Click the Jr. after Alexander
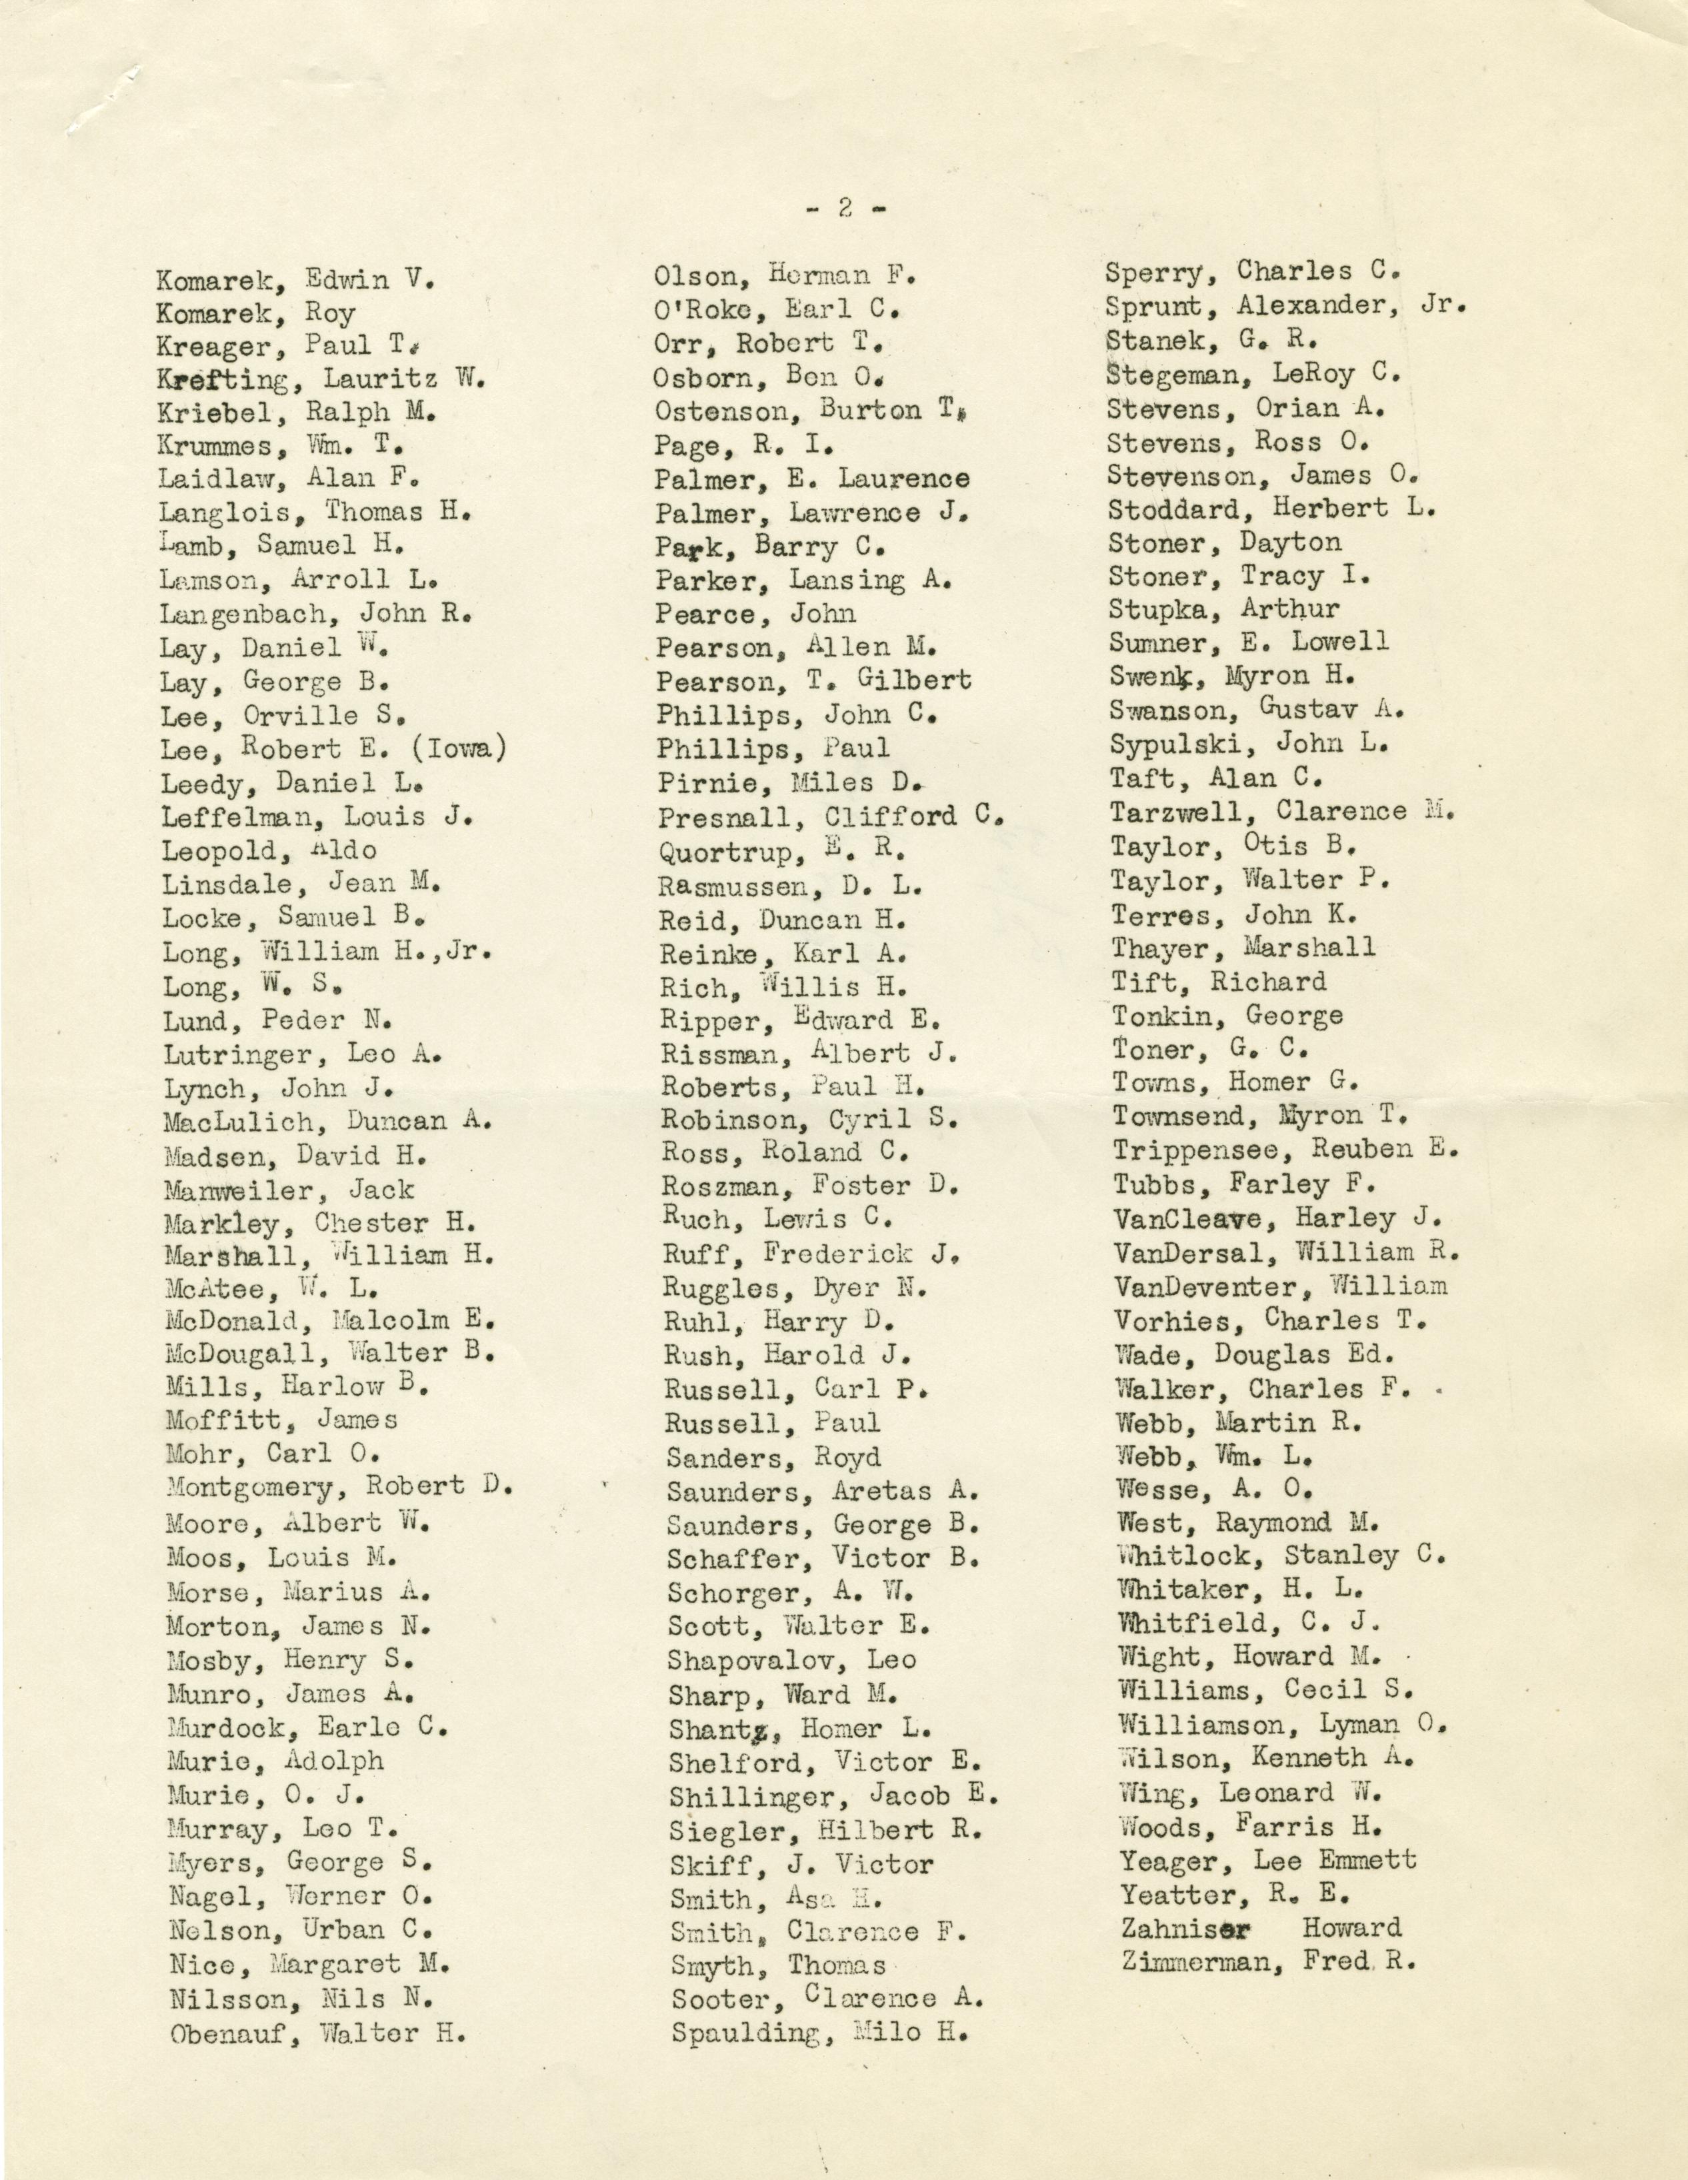tap(1441, 305)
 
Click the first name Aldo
tap(343, 850)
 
